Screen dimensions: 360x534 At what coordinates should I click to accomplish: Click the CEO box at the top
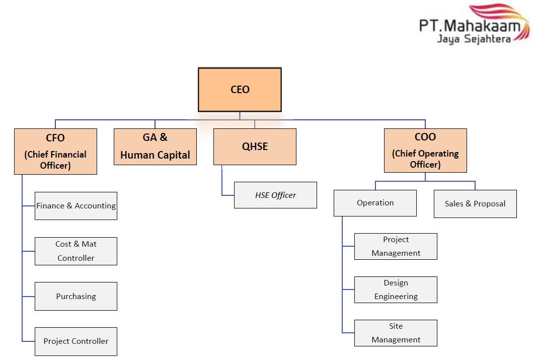(x=240, y=90)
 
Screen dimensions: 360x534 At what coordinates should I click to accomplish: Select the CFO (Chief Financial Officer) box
(x=55, y=151)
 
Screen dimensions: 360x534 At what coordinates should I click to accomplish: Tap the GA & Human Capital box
(x=155, y=147)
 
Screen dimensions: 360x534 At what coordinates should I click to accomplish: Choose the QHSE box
(x=255, y=147)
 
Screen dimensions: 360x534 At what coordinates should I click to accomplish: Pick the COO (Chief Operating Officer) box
(x=425, y=151)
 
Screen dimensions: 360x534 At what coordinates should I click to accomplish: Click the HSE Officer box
(x=275, y=195)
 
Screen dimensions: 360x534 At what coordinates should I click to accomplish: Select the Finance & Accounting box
(x=76, y=205)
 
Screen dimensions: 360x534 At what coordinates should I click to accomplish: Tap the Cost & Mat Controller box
(x=76, y=251)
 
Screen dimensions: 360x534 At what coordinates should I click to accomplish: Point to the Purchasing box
(x=76, y=296)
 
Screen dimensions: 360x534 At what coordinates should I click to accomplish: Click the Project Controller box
(x=76, y=341)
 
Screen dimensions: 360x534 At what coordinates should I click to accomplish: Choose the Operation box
(x=375, y=203)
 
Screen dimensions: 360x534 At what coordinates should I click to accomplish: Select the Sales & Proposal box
(x=475, y=203)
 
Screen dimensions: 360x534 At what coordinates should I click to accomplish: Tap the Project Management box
(x=396, y=246)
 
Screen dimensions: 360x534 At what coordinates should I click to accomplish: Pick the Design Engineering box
(x=396, y=290)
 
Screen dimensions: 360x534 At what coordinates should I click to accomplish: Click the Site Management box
(x=396, y=333)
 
